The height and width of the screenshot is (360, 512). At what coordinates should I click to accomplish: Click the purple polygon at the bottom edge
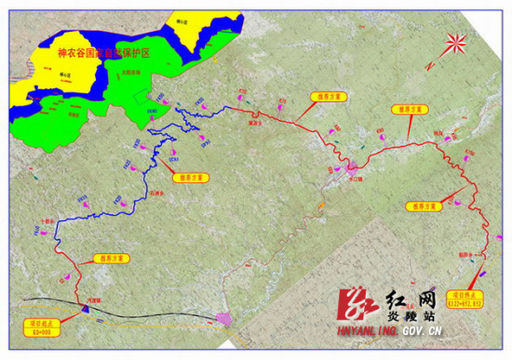224,319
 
